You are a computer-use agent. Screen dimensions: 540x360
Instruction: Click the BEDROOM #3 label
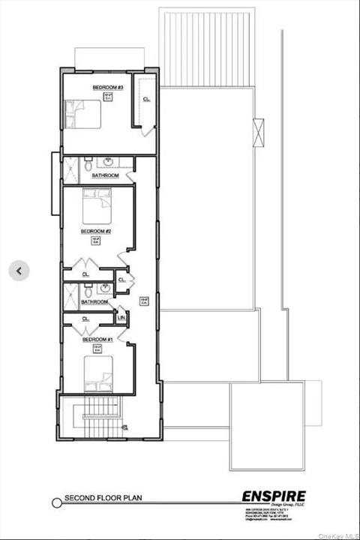pos(108,88)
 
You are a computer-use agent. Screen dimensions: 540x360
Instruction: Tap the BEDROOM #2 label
pos(97,231)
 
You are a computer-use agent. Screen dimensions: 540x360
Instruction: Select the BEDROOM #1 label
pos(98,340)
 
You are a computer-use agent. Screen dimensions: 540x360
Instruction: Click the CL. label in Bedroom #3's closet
pos(146,100)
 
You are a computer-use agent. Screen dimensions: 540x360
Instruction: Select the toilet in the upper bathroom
pos(88,163)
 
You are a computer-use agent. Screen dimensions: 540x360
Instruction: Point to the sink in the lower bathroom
pos(107,289)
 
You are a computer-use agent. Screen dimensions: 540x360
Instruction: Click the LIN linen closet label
pos(122,318)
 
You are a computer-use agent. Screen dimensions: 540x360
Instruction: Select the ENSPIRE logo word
pos(274,496)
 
